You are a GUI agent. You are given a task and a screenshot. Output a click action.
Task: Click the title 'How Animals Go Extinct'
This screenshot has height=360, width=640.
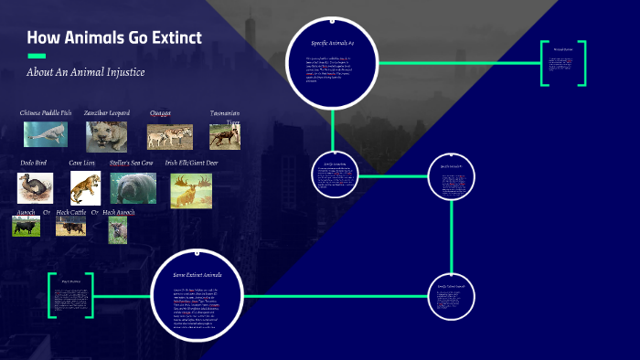click(114, 38)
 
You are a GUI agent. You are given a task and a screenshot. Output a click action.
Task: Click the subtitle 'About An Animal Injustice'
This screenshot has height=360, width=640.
click(86, 72)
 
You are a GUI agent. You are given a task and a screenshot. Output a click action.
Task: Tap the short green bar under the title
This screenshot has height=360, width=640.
click(37, 56)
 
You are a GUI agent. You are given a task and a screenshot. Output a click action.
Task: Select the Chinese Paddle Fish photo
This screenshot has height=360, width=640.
click(46, 134)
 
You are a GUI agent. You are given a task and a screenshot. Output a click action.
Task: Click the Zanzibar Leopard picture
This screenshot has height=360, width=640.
click(107, 136)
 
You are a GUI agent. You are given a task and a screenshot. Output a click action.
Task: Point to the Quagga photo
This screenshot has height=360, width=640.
click(170, 136)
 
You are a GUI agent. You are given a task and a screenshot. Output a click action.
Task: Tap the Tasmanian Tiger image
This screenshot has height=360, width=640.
click(224, 136)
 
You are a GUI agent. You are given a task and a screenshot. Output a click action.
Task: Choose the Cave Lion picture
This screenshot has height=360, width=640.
click(83, 187)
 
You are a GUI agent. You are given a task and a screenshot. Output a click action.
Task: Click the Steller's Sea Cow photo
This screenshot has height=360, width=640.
click(133, 188)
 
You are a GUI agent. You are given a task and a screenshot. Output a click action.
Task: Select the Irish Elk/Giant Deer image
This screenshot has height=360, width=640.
click(190, 190)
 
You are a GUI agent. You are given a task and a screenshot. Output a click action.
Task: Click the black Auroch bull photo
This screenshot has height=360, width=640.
click(26, 226)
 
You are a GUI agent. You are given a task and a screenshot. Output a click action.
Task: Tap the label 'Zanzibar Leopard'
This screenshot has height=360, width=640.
click(106, 112)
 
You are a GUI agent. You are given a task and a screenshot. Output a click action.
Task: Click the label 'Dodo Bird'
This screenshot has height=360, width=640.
click(34, 163)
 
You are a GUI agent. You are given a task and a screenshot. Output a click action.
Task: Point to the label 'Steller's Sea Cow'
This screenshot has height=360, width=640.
click(133, 163)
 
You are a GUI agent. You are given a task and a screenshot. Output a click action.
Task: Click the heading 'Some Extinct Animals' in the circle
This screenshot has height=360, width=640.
click(198, 274)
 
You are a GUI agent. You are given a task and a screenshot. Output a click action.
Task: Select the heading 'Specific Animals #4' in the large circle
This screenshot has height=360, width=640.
click(332, 43)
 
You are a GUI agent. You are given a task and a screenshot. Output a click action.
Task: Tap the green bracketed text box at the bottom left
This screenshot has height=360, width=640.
click(70, 295)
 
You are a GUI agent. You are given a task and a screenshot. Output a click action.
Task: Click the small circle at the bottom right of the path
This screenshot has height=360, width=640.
click(452, 297)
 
